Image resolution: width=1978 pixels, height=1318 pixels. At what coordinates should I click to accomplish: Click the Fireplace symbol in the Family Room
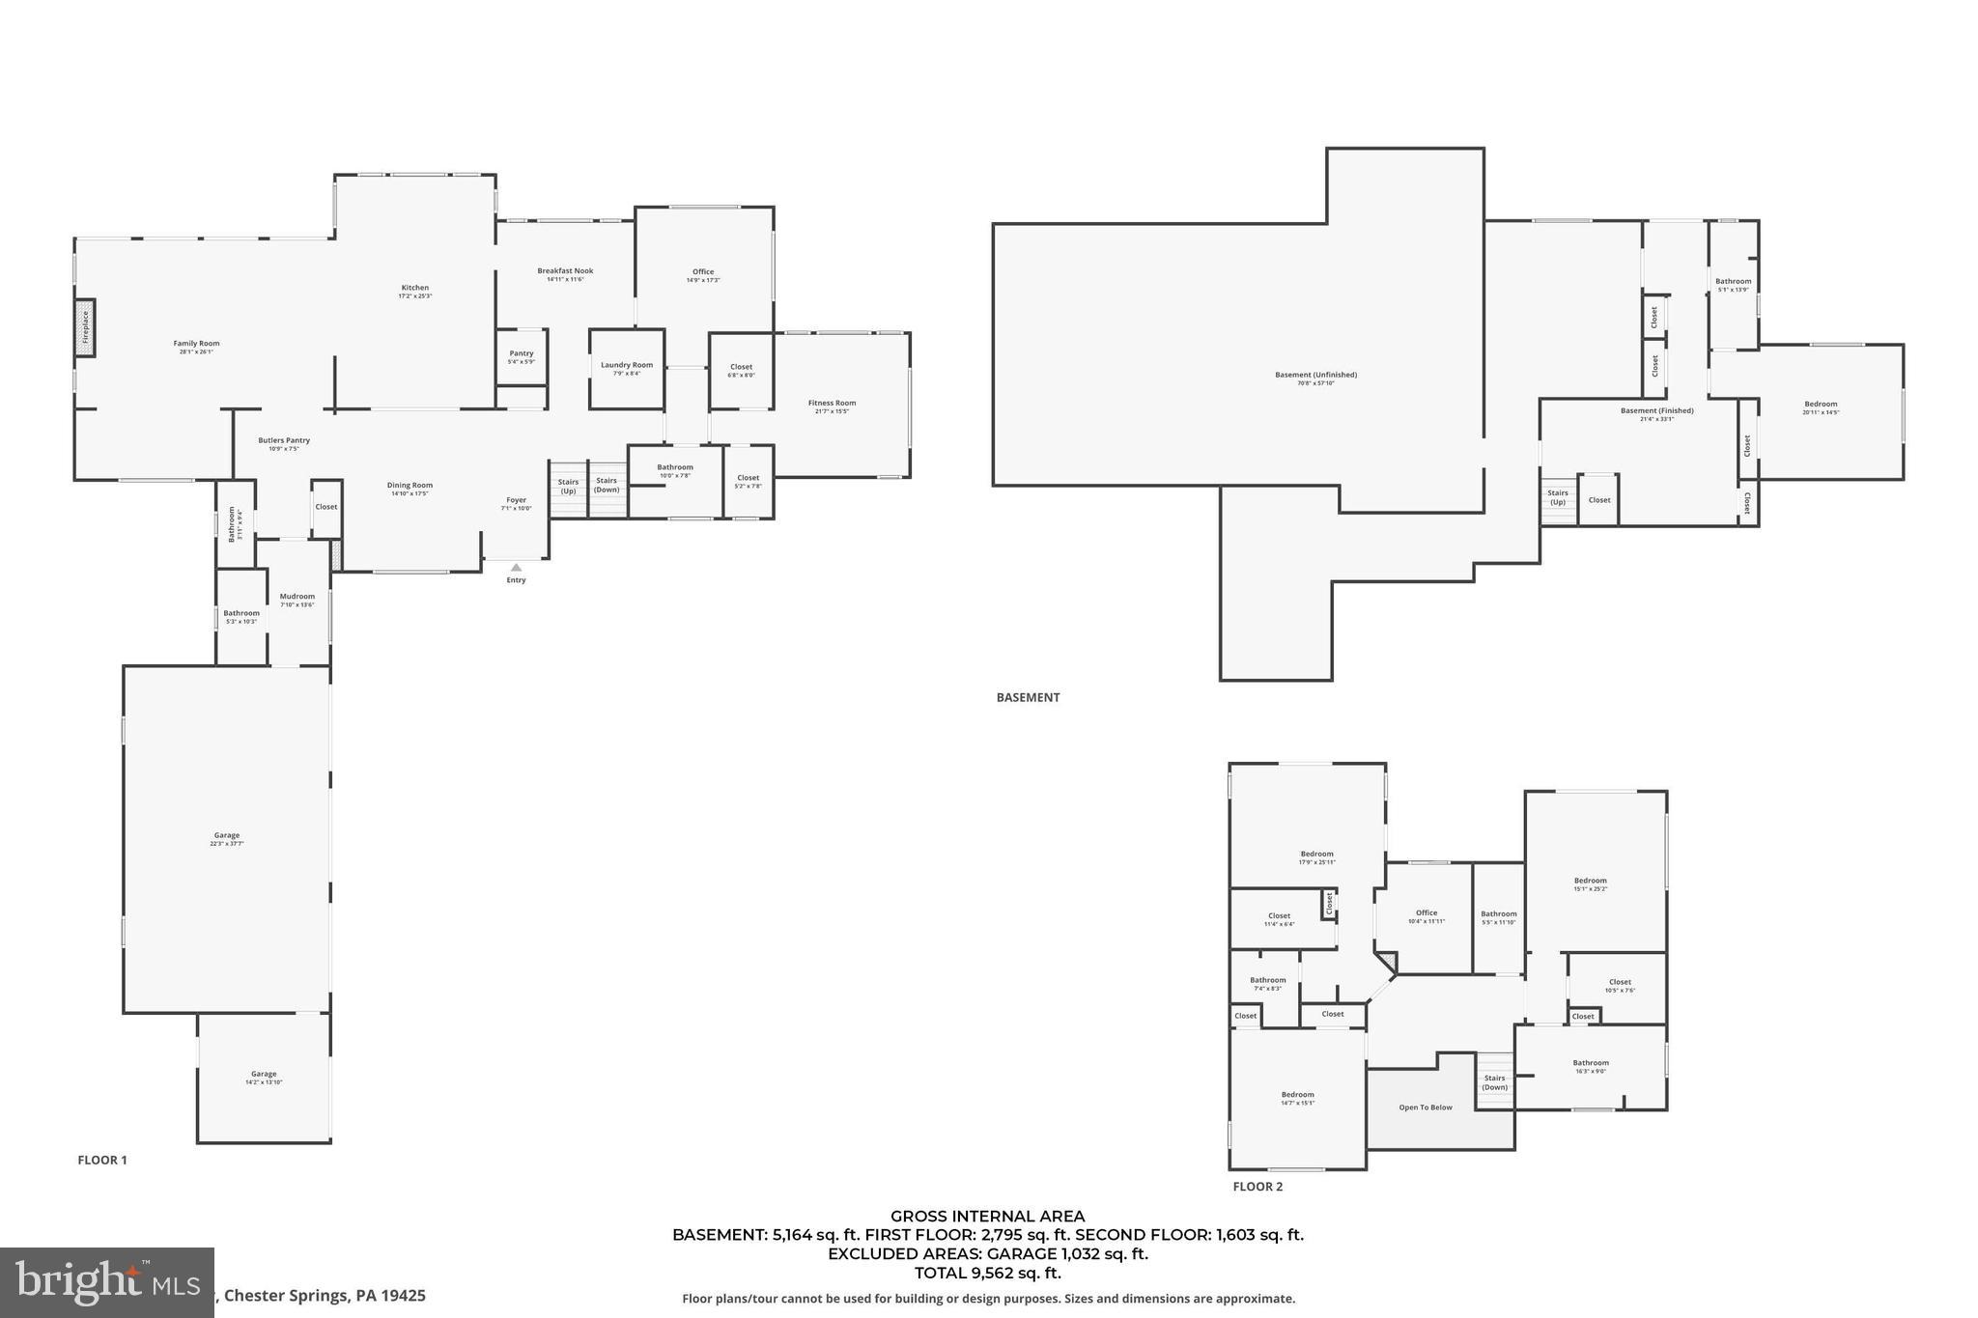(85, 327)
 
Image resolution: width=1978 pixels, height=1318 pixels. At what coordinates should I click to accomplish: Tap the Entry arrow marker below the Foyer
(516, 568)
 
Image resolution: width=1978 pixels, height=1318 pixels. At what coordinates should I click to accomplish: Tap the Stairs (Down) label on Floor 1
(607, 485)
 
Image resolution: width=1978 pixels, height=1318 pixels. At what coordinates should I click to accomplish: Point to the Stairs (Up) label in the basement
(1558, 497)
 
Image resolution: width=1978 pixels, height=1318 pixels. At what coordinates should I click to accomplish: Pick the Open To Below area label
(1426, 1108)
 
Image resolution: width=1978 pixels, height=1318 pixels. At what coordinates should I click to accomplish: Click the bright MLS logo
(106, 1282)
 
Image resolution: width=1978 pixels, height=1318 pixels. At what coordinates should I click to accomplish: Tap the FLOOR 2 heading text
(1257, 1187)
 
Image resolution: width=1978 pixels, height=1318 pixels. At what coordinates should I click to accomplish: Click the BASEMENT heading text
(1028, 697)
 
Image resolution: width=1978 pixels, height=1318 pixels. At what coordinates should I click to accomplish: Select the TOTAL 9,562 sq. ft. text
(987, 1273)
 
